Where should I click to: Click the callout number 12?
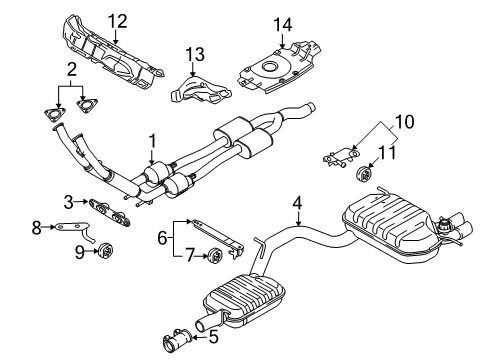tap(117, 21)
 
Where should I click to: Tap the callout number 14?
tap(283, 25)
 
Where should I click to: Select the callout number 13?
tap(195, 54)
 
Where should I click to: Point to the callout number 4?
tap(297, 203)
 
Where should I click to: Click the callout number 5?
tap(213, 336)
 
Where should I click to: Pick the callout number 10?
tap(405, 122)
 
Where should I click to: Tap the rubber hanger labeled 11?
tap(364, 173)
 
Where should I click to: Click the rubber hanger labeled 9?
tap(106, 251)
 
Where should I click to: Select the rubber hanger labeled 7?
tap(215, 256)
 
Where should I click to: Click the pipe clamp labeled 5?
tap(177, 340)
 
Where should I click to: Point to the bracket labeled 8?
tap(75, 230)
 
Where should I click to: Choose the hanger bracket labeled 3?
tap(109, 212)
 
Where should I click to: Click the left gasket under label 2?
tap(54, 113)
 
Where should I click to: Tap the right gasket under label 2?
tap(86, 104)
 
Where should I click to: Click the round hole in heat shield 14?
tap(269, 67)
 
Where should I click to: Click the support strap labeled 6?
tap(218, 237)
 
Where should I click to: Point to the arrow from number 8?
tap(48, 227)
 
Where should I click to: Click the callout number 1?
tap(152, 142)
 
